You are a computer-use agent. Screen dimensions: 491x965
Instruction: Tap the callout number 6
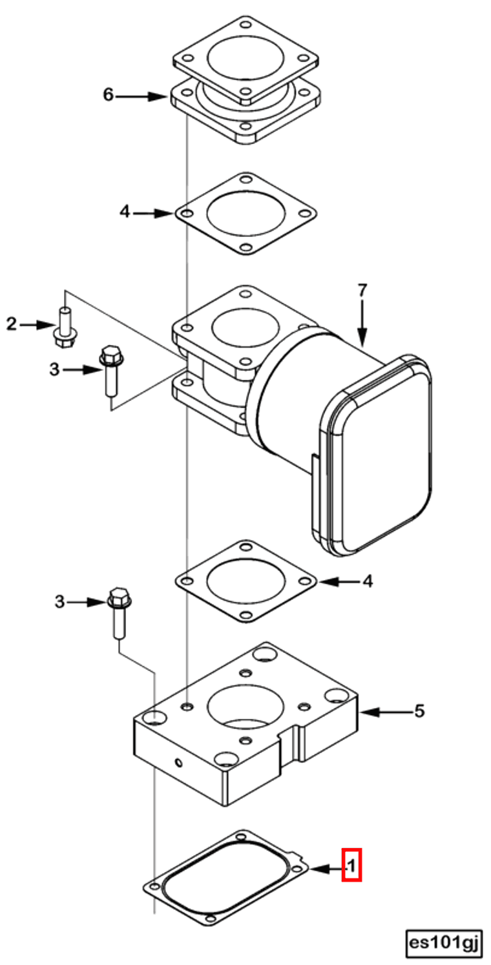108,94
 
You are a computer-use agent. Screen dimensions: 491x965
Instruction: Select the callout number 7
362,291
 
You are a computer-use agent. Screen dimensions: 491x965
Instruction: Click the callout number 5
419,711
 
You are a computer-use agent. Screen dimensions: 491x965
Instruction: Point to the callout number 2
12,324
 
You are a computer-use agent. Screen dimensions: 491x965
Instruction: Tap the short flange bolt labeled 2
65,326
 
